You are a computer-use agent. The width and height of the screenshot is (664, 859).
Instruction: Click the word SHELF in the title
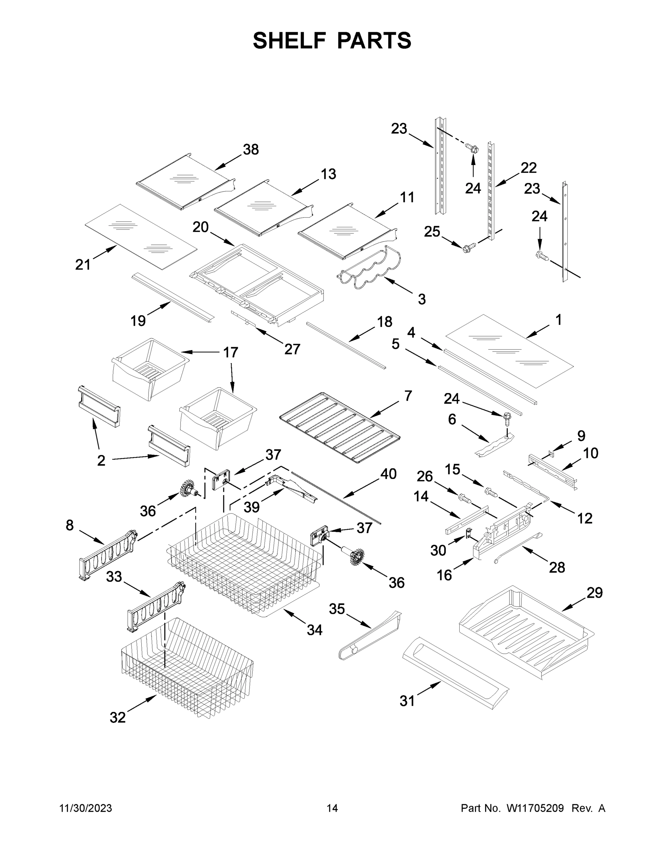tap(290, 40)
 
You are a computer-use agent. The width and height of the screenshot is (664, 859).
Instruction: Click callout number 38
tap(251, 150)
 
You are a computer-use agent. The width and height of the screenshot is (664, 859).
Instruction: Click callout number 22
tap(529, 168)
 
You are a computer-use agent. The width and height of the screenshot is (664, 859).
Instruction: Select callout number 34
tap(315, 630)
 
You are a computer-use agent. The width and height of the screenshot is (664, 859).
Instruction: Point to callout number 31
tap(407, 700)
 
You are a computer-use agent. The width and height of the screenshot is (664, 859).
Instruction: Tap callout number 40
tap(388, 474)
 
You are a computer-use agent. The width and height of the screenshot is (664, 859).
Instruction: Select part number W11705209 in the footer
tap(535, 808)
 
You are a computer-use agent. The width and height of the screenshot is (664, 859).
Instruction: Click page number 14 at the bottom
tap(332, 808)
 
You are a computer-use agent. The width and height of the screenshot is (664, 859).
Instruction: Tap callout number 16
tap(444, 576)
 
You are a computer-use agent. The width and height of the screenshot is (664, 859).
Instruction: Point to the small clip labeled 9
tap(550, 455)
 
